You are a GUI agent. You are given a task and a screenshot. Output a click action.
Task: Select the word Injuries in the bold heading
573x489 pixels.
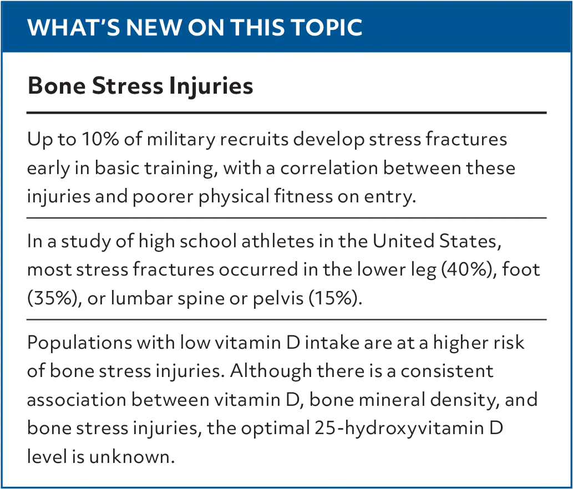[211, 86]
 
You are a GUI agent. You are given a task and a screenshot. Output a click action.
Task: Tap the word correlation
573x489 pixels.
[329, 168]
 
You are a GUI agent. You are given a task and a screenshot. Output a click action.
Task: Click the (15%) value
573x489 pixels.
[335, 298]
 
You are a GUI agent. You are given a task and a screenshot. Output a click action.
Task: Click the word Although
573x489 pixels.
[271, 371]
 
